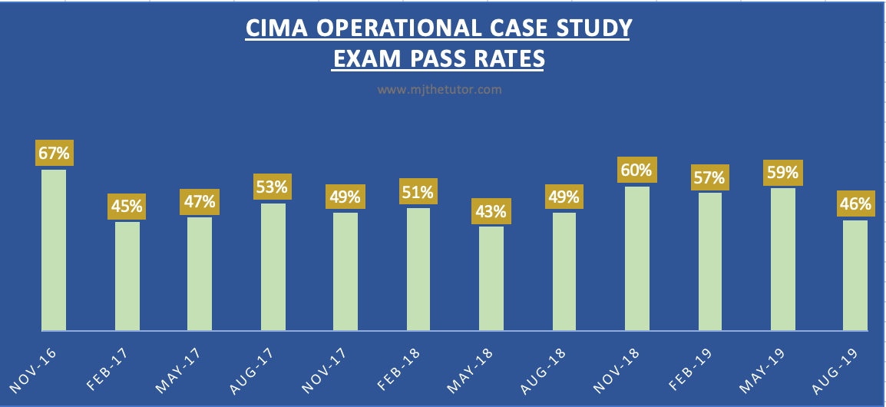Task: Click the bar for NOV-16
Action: (x=54, y=250)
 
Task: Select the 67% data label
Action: (x=54, y=153)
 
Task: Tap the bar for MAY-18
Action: (x=491, y=278)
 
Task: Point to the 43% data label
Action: (x=491, y=210)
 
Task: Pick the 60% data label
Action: (x=636, y=170)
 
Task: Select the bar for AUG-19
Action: (x=855, y=275)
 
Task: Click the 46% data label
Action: (x=855, y=204)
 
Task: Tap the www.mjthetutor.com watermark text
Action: (x=440, y=90)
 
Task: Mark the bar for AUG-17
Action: (x=273, y=266)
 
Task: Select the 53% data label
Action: (x=273, y=187)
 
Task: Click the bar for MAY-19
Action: (x=782, y=259)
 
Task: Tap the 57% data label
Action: (x=709, y=177)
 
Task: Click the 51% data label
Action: (x=418, y=191)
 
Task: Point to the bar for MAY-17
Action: (x=200, y=273)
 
